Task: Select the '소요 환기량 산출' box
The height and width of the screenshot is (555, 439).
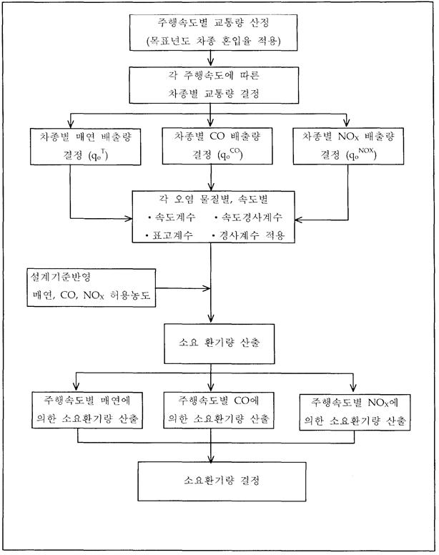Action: (x=212, y=343)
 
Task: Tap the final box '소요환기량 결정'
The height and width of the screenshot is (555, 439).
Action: (x=212, y=480)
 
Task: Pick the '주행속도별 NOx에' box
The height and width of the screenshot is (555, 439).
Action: (x=355, y=413)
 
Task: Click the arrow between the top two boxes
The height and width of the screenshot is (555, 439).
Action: (x=211, y=59)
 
